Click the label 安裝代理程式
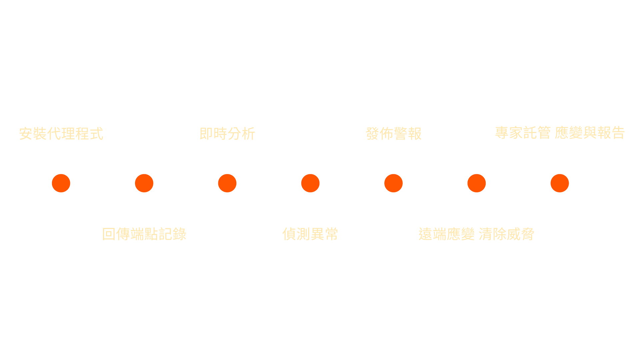click(x=61, y=134)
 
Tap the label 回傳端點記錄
click(x=144, y=234)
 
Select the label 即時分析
click(x=227, y=134)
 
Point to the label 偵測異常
click(x=310, y=234)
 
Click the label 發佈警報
click(x=393, y=134)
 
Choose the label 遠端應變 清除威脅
click(x=476, y=234)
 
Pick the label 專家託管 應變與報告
click(x=559, y=133)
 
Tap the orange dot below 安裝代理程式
click(x=61, y=183)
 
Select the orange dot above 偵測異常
click(x=310, y=183)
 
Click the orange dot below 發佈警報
click(x=393, y=183)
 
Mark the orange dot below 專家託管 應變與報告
click(x=560, y=183)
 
